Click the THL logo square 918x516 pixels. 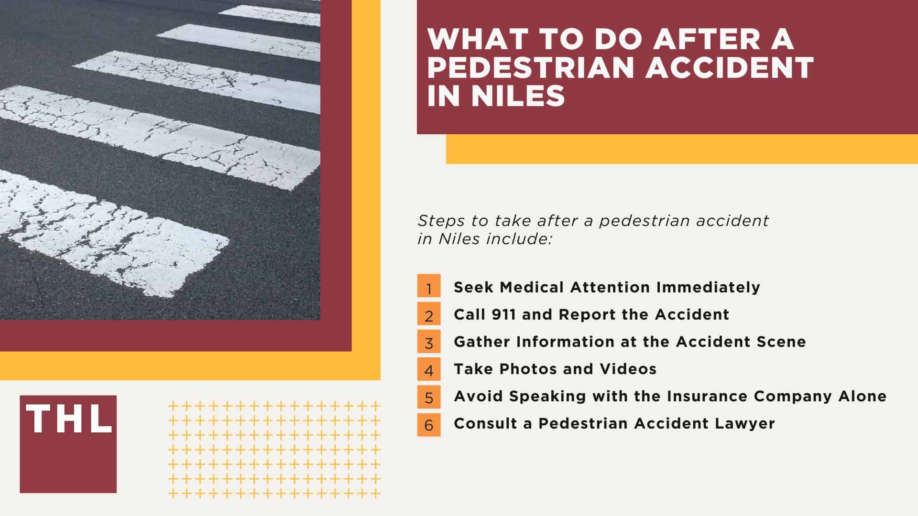pyautogui.click(x=68, y=444)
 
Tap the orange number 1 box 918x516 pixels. pyautogui.click(x=429, y=286)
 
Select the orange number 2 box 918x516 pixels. pyautogui.click(x=429, y=314)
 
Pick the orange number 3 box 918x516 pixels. pyautogui.click(x=429, y=341)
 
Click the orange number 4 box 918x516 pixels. pyautogui.click(x=429, y=369)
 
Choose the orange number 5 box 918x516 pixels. pyautogui.click(x=429, y=397)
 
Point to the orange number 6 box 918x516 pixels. pyautogui.click(x=429, y=424)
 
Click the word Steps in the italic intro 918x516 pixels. pyautogui.click(x=437, y=221)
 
